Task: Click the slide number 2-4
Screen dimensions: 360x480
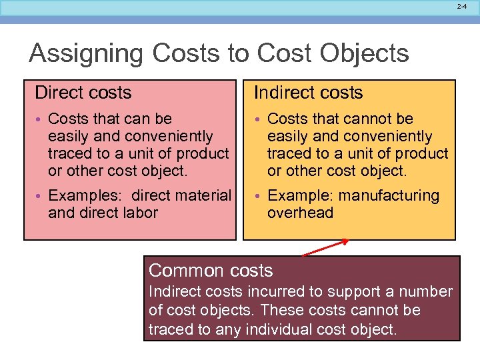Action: [x=462, y=6]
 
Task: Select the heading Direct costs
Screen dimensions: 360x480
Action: [x=83, y=93]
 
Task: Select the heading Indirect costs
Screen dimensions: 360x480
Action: [x=309, y=93]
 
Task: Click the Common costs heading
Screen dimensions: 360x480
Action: [x=211, y=271]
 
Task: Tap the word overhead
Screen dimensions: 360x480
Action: [x=300, y=213]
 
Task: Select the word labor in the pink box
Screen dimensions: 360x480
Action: [x=141, y=213]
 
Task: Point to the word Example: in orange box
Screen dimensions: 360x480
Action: [x=301, y=196]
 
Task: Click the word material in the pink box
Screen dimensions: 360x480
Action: [x=205, y=196]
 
